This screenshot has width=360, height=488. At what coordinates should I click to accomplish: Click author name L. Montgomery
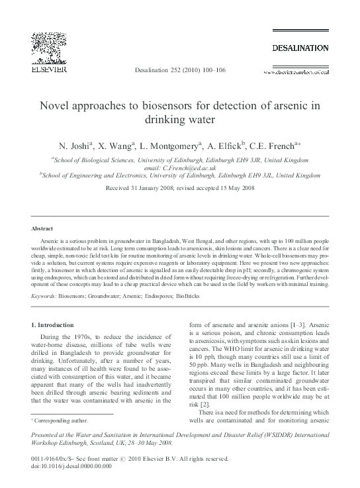[184, 144]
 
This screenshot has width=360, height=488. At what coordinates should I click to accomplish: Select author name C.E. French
[279, 144]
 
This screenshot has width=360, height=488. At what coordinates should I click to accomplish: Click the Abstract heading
[43, 228]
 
